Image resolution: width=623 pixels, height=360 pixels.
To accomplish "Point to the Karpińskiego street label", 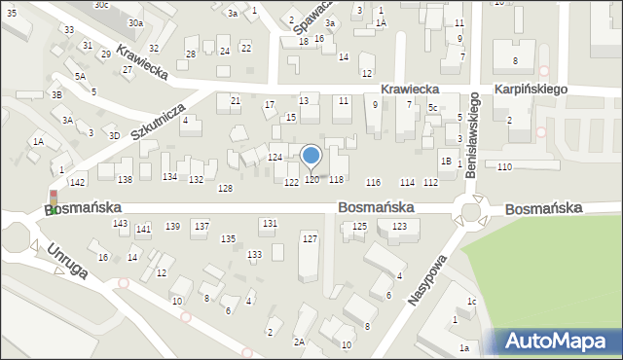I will [531, 89].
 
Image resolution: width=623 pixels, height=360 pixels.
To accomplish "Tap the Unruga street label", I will [66, 260].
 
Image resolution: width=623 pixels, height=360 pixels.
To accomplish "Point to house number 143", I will [120, 224].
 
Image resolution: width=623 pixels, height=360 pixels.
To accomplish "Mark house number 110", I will [503, 167].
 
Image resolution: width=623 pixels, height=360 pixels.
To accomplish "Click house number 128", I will [225, 188].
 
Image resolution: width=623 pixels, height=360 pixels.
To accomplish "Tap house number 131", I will [269, 223].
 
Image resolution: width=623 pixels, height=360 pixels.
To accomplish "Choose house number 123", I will [399, 226].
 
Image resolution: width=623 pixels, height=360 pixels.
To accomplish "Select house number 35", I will [10, 13].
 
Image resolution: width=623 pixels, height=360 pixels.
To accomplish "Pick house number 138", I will [125, 180].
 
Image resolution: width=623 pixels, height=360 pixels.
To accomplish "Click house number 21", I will [235, 100].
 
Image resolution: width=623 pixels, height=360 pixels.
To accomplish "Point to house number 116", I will [373, 183].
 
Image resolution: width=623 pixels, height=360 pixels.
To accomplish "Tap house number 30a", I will [135, 22].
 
